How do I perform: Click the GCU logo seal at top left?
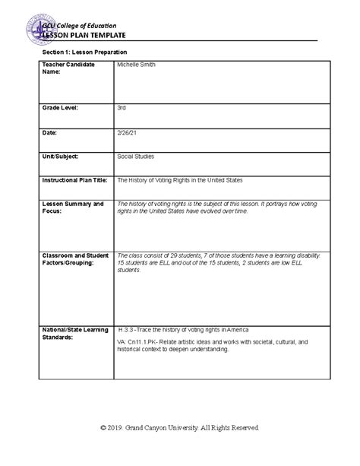[36, 32]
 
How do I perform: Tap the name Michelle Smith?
[135, 65]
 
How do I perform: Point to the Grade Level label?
[62, 109]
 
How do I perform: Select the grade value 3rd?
[122, 109]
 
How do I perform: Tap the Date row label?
[49, 133]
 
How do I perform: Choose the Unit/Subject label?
[62, 156]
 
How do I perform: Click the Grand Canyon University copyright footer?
[180, 428]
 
